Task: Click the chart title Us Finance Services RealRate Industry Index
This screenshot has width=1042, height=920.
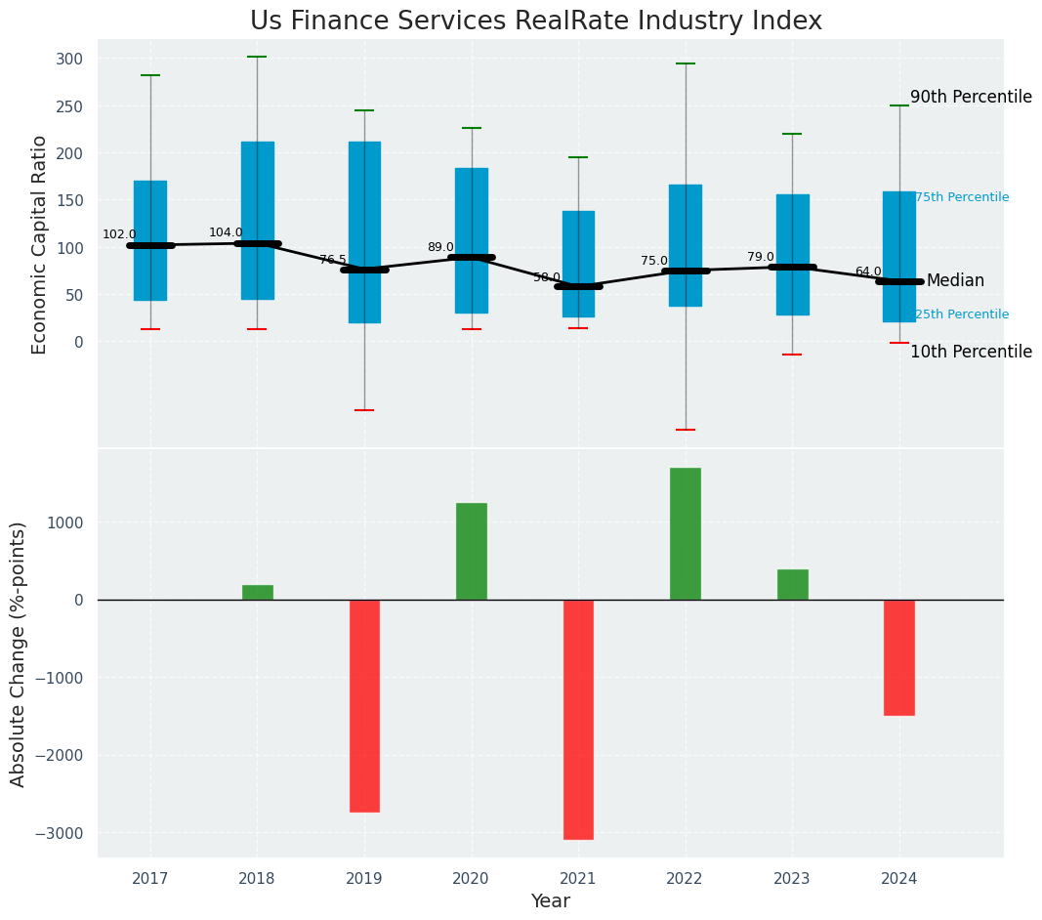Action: pos(535,21)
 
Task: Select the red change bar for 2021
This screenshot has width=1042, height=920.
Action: pos(578,719)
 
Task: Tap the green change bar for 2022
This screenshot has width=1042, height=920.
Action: pos(686,533)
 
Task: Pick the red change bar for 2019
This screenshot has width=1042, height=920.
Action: pos(364,705)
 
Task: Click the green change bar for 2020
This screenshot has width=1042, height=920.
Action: pos(472,551)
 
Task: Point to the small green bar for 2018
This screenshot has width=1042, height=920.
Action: pos(258,592)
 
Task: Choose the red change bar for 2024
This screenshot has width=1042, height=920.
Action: pos(899,657)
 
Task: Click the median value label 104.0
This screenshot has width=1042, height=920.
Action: pos(226,232)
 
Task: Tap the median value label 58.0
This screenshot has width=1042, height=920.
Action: pos(547,277)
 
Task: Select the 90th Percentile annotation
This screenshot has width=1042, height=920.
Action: pos(971,98)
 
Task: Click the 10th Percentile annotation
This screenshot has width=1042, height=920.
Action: pos(971,353)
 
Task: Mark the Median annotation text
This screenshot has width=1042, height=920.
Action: pos(955,281)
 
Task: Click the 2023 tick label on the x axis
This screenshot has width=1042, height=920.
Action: pos(792,879)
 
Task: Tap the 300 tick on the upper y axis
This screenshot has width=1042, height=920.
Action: pos(69,60)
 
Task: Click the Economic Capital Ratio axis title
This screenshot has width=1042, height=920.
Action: pos(40,244)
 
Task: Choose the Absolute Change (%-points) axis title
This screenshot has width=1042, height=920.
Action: pos(19,653)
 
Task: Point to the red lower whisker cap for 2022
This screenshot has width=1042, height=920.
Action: pos(686,430)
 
